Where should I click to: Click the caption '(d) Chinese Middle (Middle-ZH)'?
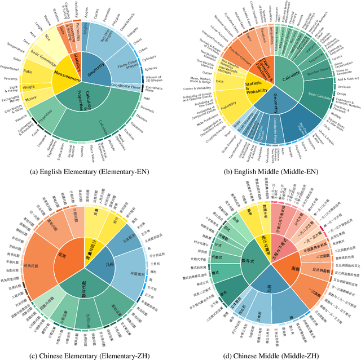[270, 353]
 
